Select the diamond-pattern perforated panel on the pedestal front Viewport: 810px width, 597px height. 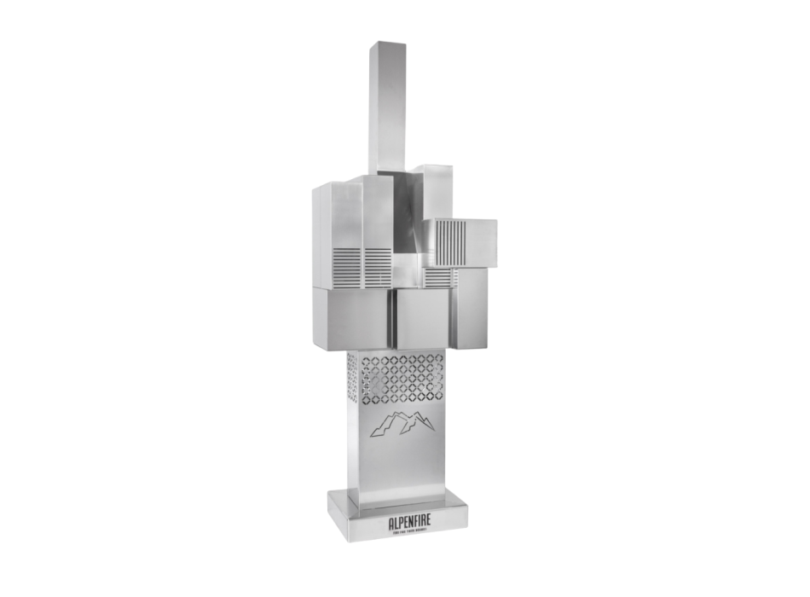pos(400,379)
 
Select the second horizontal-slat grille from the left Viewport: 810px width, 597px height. pos(377,266)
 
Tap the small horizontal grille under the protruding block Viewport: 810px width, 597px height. pos(437,276)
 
